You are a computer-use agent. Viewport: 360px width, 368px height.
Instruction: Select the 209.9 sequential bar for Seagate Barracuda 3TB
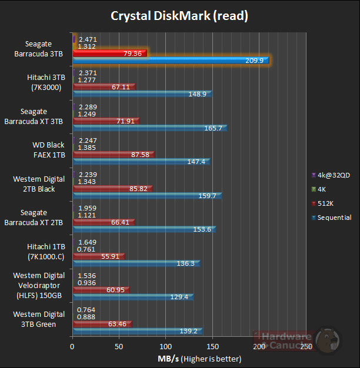170,60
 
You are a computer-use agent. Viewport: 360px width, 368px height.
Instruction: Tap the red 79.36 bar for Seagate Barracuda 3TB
109,53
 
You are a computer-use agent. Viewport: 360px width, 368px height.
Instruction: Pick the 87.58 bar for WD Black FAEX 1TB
113,155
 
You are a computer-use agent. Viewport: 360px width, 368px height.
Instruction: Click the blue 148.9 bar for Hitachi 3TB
142,94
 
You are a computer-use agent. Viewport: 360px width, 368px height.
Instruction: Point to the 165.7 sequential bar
149,128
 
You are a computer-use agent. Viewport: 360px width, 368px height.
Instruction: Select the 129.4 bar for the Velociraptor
132,297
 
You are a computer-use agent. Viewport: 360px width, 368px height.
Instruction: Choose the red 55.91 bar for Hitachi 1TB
98,256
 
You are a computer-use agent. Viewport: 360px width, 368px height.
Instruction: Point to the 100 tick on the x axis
166,347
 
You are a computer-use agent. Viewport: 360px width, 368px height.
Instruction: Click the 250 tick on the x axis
306,347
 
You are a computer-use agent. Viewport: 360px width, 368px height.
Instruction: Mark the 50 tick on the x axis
119,347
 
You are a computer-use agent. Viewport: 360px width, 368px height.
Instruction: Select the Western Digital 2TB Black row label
39,184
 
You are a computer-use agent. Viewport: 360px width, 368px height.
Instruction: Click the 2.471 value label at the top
87,39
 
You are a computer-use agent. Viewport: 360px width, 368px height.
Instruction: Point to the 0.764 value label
87,310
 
